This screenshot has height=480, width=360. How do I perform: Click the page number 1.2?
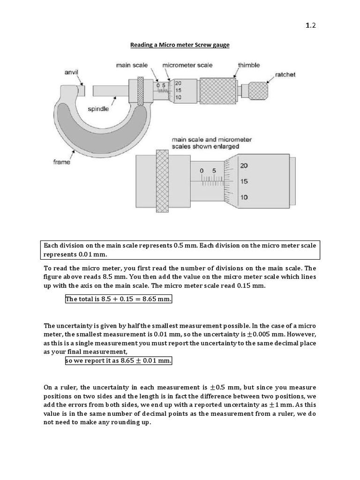point(311,26)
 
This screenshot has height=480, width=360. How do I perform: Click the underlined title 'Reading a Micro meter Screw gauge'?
point(180,45)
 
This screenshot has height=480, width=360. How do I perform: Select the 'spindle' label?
point(98,109)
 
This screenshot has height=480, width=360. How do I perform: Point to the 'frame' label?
point(61,162)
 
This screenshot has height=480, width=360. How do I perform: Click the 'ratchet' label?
point(285,75)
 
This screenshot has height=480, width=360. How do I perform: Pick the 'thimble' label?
point(249,65)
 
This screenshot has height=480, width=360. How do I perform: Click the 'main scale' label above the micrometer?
point(132,65)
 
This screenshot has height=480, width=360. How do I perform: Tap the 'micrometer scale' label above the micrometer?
point(187,65)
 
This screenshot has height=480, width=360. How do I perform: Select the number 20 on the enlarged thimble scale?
point(244,165)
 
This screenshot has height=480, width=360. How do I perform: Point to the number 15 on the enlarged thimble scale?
point(244,181)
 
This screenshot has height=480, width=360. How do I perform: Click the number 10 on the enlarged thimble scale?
point(244,197)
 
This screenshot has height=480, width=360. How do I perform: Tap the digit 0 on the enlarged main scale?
point(202,172)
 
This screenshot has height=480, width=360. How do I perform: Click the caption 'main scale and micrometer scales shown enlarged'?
point(212,143)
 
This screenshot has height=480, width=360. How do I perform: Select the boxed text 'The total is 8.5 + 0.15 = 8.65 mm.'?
point(119,299)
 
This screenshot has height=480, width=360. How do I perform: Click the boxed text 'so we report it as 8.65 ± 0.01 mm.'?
point(119,361)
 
